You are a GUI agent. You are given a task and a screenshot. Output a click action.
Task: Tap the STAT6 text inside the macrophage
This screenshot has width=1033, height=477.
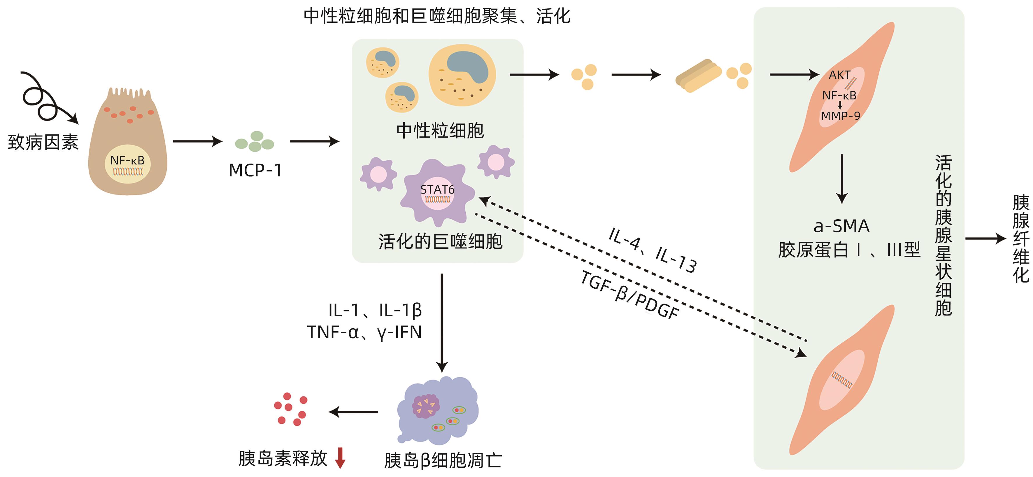coord(437,189)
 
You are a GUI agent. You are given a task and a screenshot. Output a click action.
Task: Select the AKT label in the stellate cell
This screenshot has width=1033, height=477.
coord(840,75)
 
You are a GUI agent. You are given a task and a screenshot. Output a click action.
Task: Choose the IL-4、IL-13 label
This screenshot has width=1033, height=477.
coord(653,250)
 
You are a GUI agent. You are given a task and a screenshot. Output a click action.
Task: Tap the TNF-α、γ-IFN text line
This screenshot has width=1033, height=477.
coord(364,332)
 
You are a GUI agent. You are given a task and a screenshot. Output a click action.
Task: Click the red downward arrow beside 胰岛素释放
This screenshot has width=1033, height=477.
coord(340,458)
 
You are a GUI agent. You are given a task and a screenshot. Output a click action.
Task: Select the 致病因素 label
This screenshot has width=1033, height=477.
coord(43,142)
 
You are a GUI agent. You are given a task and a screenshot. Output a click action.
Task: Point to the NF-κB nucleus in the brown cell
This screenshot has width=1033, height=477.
coord(127,164)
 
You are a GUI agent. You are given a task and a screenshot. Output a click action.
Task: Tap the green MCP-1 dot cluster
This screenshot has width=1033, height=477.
coord(255,142)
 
